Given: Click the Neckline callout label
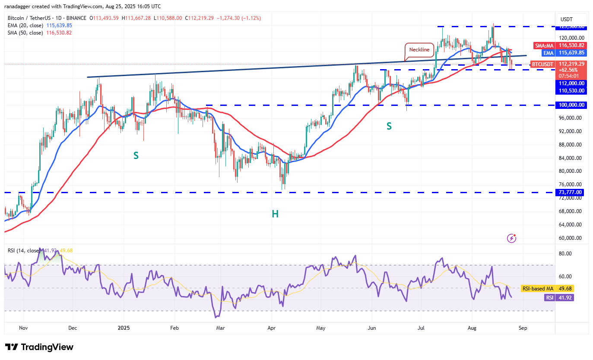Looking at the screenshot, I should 419,50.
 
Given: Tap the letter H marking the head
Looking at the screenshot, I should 275,213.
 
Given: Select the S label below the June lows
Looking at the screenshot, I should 389,126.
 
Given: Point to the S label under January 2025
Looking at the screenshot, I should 136,156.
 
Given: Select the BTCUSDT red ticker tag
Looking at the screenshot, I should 542,64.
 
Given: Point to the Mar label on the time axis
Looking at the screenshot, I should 220,328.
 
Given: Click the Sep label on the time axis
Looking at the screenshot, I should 523,328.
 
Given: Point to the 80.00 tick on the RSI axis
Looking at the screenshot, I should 566,254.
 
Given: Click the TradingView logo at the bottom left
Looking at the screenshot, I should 39,347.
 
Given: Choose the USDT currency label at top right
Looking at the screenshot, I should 566,19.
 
